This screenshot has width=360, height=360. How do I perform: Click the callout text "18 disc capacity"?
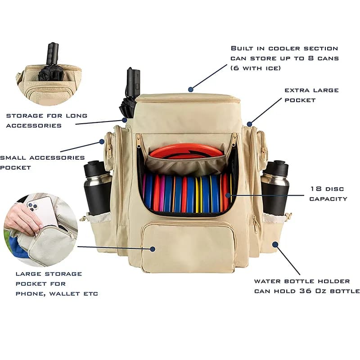tap(328, 193)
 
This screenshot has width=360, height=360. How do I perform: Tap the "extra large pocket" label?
tap(311, 95)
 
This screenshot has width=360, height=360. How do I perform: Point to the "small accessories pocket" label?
tap(42, 162)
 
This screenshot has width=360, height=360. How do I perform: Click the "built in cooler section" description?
tap(284, 58)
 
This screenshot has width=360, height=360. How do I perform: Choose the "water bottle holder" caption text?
tap(306, 286)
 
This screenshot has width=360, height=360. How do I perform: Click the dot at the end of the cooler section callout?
tap(191, 89)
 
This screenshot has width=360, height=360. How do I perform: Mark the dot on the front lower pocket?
tap(153, 249)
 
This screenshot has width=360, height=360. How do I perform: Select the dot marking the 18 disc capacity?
tap(228, 195)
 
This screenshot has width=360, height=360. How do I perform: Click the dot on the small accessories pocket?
tap(102, 142)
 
